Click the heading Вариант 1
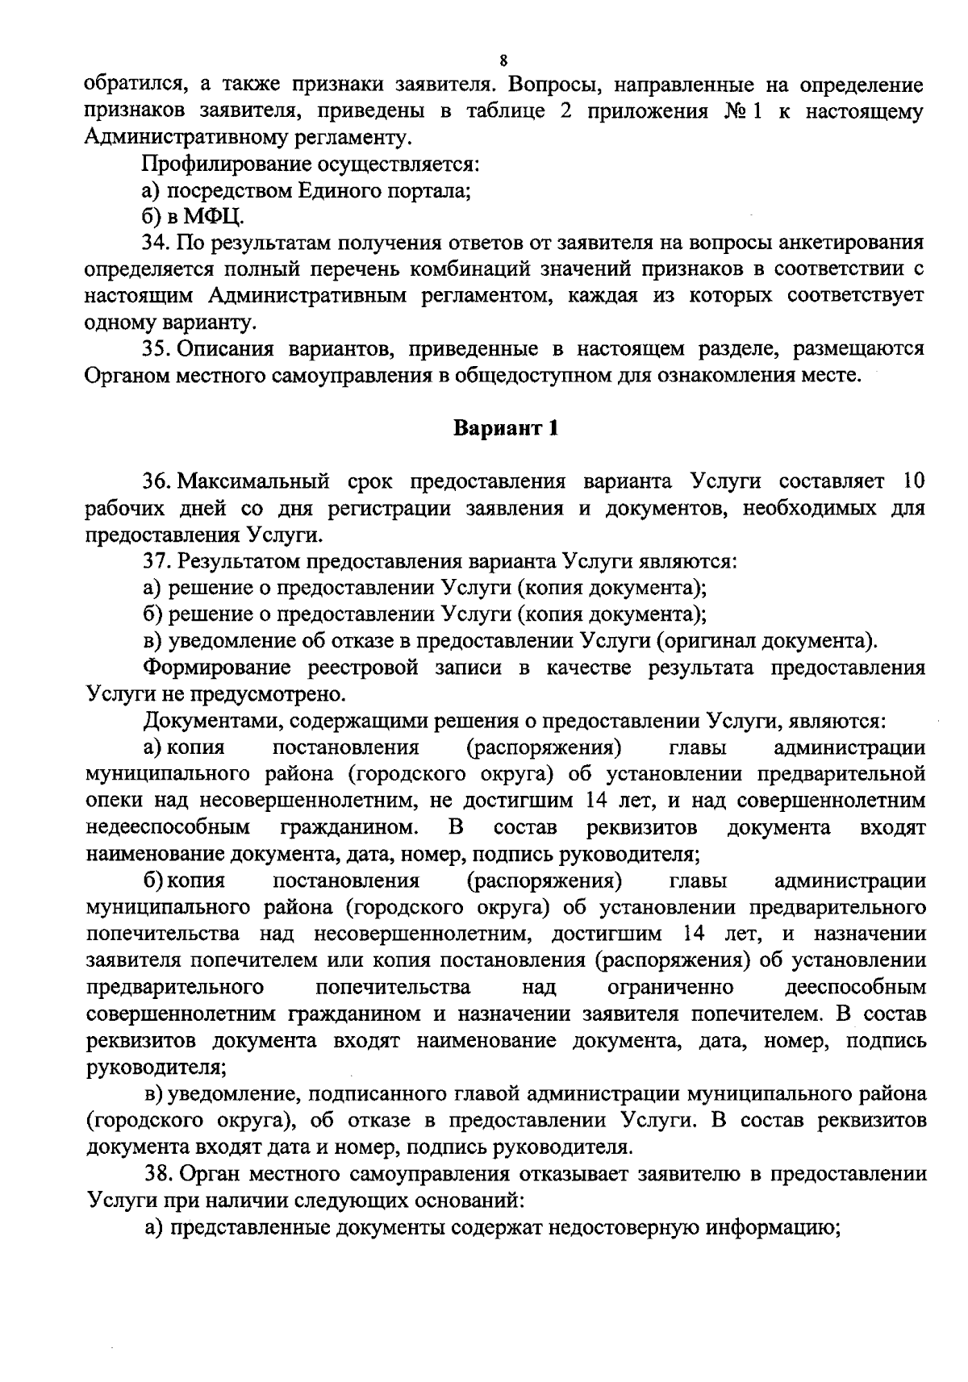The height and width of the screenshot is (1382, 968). tap(505, 428)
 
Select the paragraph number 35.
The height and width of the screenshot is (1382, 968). tap(155, 349)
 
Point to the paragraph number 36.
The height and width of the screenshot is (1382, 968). tap(155, 482)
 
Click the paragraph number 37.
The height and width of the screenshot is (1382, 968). tap(155, 561)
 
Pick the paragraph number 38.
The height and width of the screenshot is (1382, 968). tap(155, 1174)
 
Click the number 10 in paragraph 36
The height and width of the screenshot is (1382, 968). tap(912, 482)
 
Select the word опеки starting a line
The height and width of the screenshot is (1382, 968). tap(112, 801)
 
